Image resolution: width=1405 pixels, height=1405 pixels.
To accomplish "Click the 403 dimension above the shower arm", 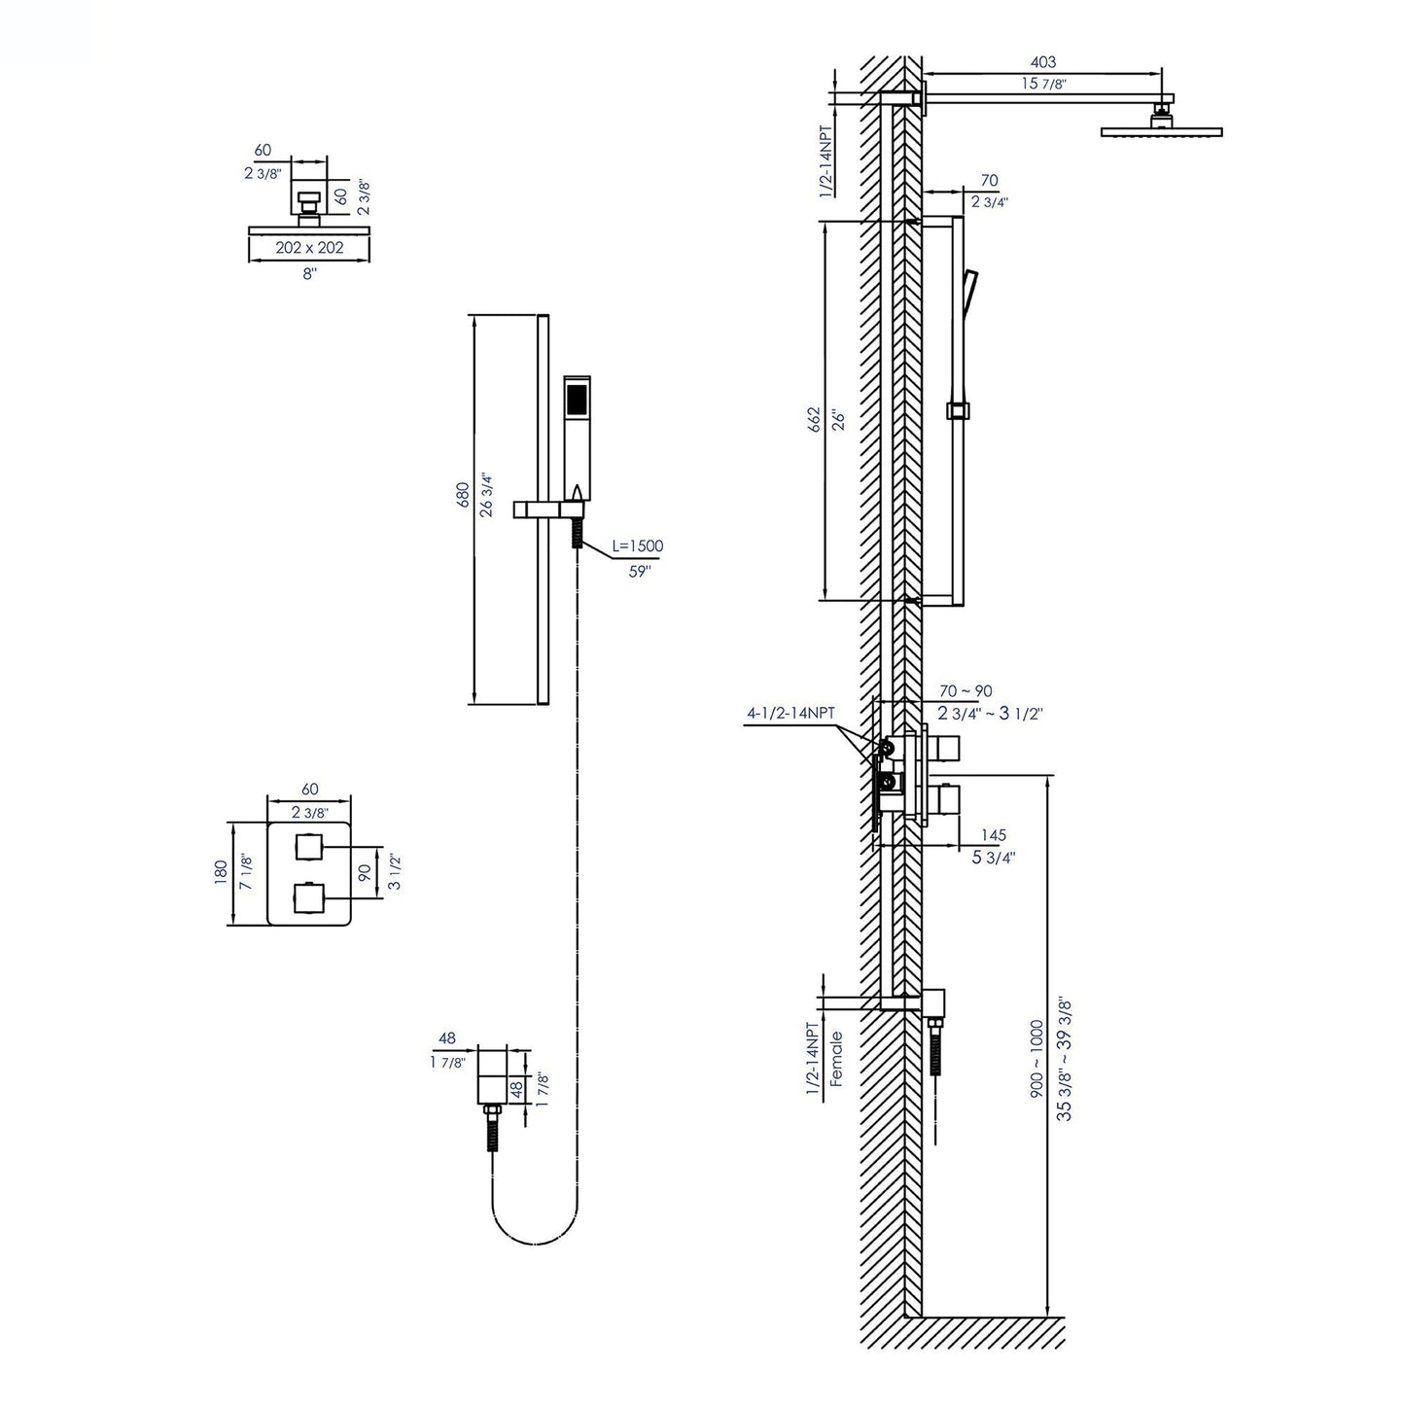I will coord(1041,62).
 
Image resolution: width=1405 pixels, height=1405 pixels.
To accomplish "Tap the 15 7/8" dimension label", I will coord(1043,85).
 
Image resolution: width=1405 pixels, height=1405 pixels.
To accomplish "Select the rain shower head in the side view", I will coord(1160,130).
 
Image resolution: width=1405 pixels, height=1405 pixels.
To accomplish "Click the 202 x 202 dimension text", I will coord(309,248).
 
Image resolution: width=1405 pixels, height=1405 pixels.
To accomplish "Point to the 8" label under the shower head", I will coord(309,274).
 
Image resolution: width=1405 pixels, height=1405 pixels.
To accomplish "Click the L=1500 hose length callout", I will coord(637,546).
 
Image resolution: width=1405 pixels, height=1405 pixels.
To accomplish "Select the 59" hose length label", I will coord(638,572).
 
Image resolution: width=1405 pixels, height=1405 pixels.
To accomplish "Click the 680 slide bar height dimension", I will coord(464,495).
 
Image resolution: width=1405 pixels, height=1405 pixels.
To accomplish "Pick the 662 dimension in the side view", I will coord(814,420).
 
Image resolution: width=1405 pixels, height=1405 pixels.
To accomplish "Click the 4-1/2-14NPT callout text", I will coord(790,713).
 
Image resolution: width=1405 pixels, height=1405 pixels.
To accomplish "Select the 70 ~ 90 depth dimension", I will coord(966,691).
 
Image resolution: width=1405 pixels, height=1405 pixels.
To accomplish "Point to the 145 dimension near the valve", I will coord(993,835).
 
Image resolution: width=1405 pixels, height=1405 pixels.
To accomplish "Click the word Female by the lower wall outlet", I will coord(837,1058).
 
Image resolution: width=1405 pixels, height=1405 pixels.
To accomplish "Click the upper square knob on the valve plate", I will coord(309,848).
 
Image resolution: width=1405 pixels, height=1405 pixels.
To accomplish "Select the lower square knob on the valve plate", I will coord(309,896).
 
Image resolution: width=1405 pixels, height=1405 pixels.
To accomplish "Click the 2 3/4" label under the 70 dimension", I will coord(989,202).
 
